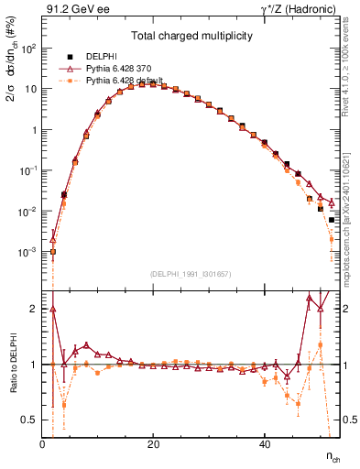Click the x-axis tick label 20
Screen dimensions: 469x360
153,444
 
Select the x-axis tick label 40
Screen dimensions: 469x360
264,444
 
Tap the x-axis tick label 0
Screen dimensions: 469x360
42,444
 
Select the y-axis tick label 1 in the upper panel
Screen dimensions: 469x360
35,130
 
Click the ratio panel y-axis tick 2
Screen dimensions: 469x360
35,309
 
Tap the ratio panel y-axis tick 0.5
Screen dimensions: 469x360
30,420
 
